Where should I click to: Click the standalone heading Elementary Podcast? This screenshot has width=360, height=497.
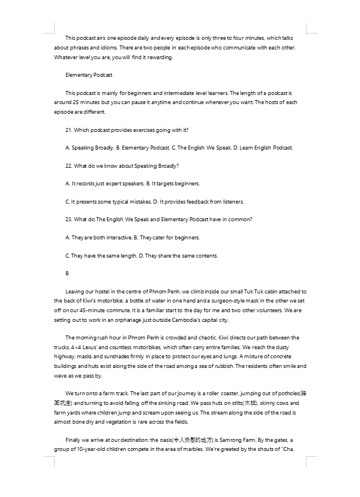89,74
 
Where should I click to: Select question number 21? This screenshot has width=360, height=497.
69,130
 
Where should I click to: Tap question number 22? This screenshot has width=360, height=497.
69,165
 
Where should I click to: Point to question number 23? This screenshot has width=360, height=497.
69,219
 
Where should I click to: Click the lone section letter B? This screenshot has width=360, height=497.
67,274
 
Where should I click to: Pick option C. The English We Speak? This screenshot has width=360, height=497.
201,148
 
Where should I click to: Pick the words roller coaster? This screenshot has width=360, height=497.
223,393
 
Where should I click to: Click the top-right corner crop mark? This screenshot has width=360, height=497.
311,28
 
